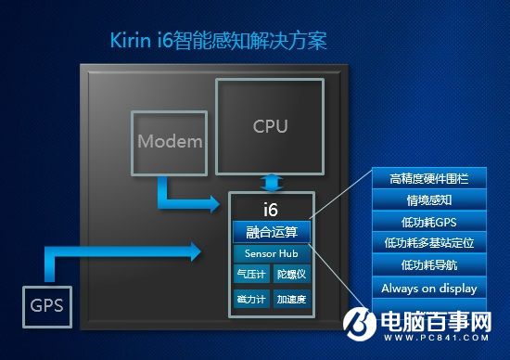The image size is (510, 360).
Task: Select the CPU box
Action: point(270,126)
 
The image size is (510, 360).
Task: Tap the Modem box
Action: point(170,141)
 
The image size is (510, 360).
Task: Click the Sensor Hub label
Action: point(271,253)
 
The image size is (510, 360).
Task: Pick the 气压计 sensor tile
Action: point(250,275)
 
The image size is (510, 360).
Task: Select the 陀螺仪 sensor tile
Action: point(291,275)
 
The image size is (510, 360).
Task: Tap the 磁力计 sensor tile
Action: point(250,298)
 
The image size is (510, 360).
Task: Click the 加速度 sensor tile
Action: point(291,298)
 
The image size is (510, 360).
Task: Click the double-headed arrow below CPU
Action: point(270,181)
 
